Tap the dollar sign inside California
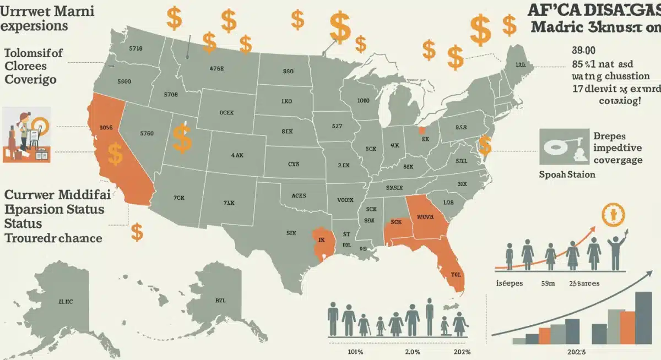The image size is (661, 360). click(x=115, y=154)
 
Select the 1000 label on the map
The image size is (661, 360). click(x=363, y=101)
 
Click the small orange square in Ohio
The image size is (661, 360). click(x=422, y=130)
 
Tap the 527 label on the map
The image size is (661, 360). click(x=338, y=126)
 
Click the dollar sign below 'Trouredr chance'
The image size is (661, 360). click(x=137, y=232)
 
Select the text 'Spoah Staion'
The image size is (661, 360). click(x=567, y=174)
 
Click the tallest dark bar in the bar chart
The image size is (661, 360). click(x=643, y=317)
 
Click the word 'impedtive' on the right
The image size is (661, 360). click(x=617, y=148)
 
